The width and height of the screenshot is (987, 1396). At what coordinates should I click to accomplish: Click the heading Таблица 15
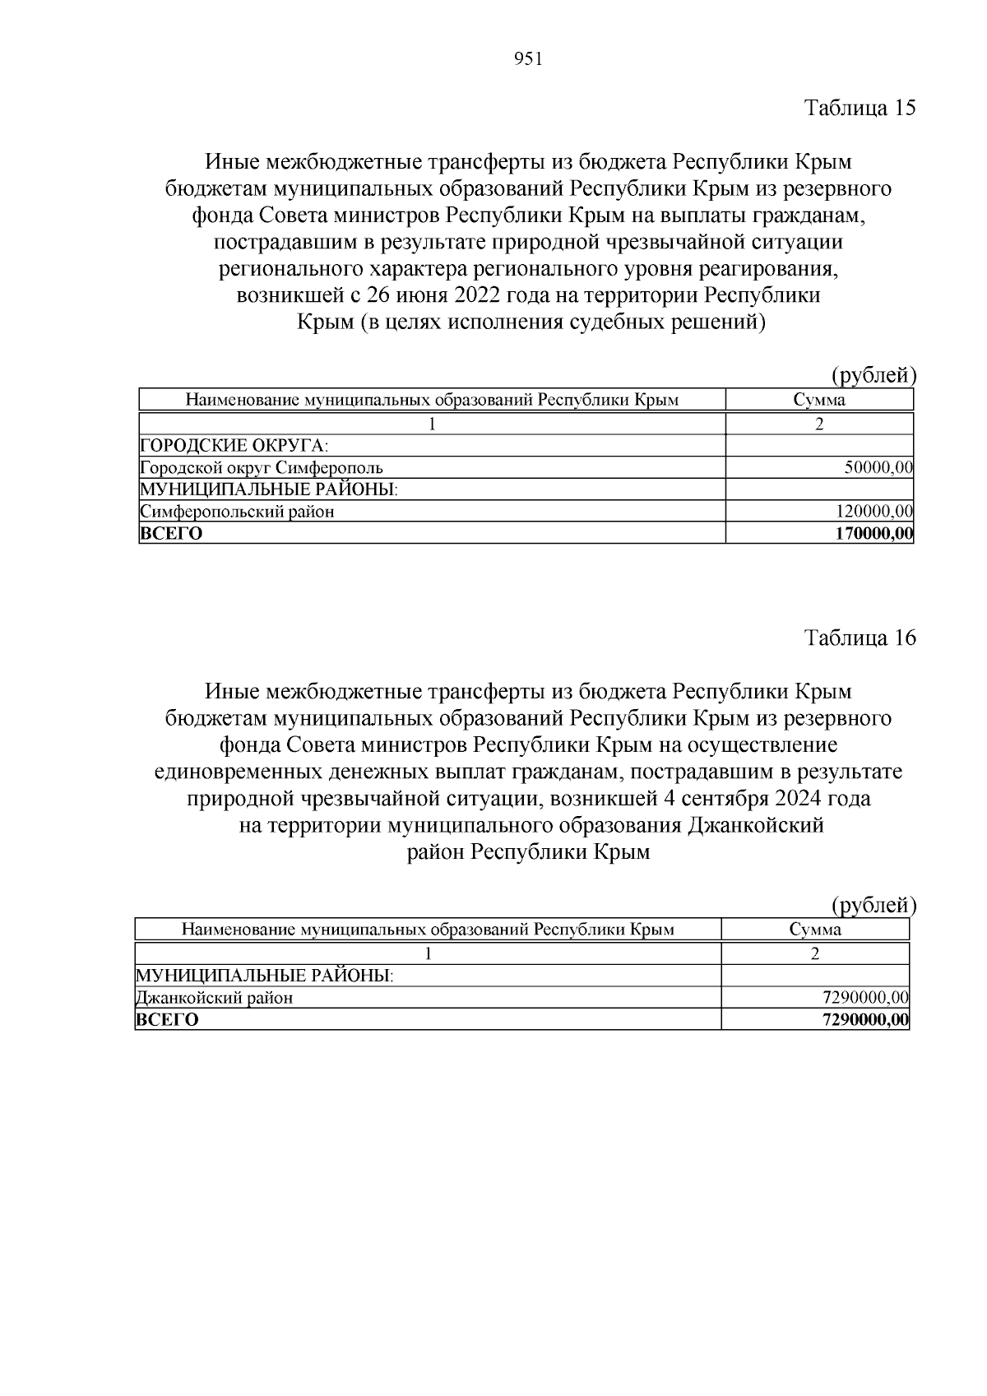[x=860, y=109]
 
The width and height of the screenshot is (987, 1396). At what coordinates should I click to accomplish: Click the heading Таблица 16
[x=860, y=638]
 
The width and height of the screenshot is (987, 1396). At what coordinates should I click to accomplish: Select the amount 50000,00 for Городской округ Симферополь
[x=878, y=468]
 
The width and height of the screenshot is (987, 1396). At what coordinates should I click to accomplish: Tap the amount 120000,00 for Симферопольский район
[x=875, y=512]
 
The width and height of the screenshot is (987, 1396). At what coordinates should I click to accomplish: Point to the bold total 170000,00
[x=873, y=533]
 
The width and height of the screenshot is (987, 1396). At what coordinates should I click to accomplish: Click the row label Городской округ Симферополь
[x=262, y=468]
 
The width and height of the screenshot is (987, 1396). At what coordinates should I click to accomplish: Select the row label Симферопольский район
[x=238, y=512]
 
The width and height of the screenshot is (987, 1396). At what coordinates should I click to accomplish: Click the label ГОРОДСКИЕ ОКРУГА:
[x=234, y=446]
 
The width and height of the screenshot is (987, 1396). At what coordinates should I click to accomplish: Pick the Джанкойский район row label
[x=214, y=998]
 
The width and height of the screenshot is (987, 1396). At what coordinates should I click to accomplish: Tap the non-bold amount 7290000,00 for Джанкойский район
[x=865, y=998]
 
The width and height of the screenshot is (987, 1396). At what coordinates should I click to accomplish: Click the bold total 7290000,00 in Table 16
[x=865, y=1020]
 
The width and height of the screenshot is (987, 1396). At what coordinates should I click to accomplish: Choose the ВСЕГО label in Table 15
[x=171, y=533]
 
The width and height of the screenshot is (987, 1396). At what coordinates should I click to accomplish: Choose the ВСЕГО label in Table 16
[x=167, y=1020]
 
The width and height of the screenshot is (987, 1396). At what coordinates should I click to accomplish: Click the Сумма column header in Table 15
[x=819, y=401]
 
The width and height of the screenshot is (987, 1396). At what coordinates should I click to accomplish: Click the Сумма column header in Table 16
[x=815, y=930]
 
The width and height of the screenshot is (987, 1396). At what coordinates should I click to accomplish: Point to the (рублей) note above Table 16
[x=873, y=906]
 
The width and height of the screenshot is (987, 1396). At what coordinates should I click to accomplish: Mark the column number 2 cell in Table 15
[x=819, y=424]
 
